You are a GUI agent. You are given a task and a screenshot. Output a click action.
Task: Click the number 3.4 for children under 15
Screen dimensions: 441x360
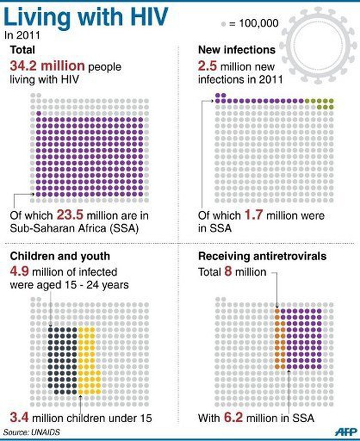tap(20, 416)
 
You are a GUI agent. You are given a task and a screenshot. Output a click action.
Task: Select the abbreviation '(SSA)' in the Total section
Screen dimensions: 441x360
tap(124, 228)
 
